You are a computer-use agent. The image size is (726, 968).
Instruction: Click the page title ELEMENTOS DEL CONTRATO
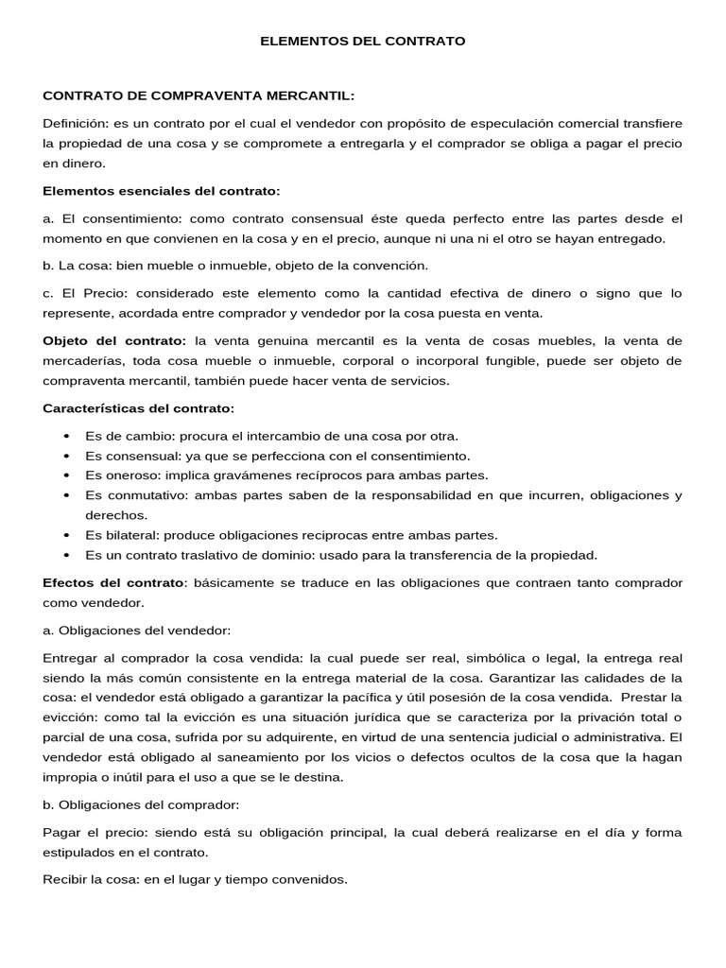point(363,42)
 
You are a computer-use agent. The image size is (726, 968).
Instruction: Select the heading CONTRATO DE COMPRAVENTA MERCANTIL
point(199,95)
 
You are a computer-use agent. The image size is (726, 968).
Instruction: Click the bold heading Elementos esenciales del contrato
point(162,191)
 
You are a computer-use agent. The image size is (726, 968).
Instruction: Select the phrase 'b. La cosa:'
point(76,266)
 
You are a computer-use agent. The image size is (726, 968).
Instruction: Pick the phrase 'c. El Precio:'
point(80,294)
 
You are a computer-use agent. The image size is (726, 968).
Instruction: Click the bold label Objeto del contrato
point(114,340)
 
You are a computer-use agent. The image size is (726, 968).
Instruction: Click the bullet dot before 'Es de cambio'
point(65,436)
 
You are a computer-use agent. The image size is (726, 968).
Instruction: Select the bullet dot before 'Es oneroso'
point(65,475)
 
